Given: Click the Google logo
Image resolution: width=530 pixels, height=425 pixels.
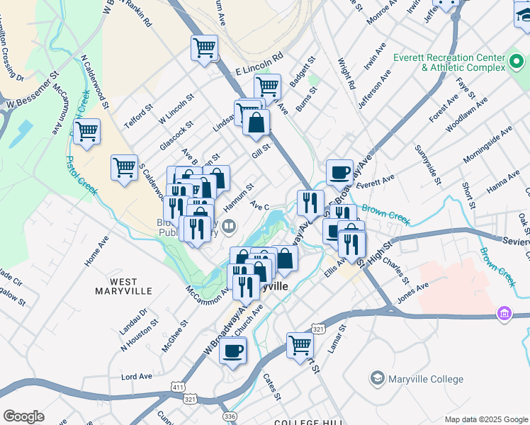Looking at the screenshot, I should point(23,416).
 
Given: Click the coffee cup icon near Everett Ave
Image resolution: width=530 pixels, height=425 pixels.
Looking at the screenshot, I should point(339,171).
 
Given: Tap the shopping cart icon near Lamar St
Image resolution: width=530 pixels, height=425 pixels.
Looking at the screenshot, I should point(300,345).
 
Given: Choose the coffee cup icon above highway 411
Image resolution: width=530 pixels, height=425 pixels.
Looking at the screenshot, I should point(232,350).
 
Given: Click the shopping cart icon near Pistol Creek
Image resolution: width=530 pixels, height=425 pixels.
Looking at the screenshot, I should point(86,131).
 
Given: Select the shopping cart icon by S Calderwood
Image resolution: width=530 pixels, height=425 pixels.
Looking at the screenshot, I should point(124,168).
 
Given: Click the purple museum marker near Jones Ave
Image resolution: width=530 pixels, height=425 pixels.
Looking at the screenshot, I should point(504,312).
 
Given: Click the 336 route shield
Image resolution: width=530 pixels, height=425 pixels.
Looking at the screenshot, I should point(228,415).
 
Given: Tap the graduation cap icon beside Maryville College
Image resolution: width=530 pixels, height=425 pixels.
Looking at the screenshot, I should point(377,378).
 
